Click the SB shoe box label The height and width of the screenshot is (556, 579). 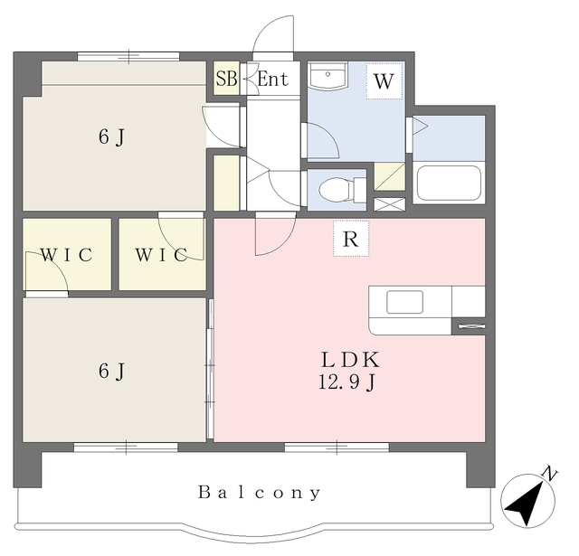[x=226, y=79]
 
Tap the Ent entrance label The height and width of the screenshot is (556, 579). [x=272, y=80]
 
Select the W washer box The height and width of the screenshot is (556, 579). [x=384, y=81]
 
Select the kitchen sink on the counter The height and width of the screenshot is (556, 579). [x=404, y=303]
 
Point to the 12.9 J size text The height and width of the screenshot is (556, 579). [x=344, y=383]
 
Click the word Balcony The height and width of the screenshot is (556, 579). [x=260, y=493]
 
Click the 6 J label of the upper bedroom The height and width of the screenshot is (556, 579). [x=111, y=137]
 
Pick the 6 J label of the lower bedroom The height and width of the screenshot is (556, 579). [x=111, y=370]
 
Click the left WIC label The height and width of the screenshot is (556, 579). [x=66, y=255]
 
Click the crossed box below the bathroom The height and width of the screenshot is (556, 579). [x=390, y=204]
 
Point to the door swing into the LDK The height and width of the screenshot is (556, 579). [x=273, y=236]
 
